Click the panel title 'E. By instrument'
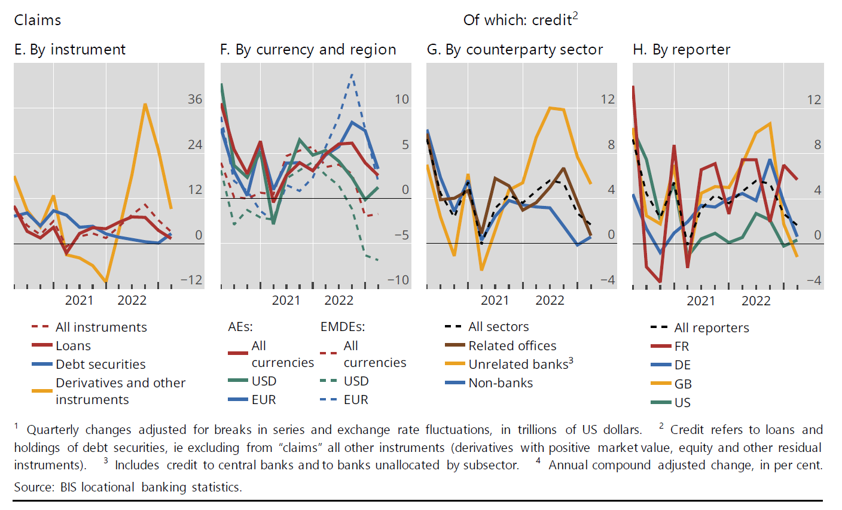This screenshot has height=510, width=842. [70, 50]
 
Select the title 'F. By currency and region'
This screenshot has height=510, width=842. [308, 50]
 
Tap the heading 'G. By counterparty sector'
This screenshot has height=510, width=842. [515, 50]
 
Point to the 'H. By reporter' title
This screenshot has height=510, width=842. [682, 50]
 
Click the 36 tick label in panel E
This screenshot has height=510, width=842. [195, 99]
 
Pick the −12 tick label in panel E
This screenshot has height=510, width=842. [191, 280]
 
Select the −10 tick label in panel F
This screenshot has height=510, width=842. [398, 280]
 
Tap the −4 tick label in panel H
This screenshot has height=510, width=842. [814, 280]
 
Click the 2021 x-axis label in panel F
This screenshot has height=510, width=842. [286, 300]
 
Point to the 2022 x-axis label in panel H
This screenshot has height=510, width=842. [756, 300]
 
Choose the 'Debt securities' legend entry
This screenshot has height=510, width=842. [100, 365]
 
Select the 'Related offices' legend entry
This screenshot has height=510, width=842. [512, 346]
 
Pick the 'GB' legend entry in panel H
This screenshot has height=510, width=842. [682, 384]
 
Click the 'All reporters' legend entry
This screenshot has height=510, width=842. [711, 328]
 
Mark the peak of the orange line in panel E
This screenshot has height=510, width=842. [145, 104]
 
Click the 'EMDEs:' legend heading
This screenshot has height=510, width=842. [343, 327]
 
